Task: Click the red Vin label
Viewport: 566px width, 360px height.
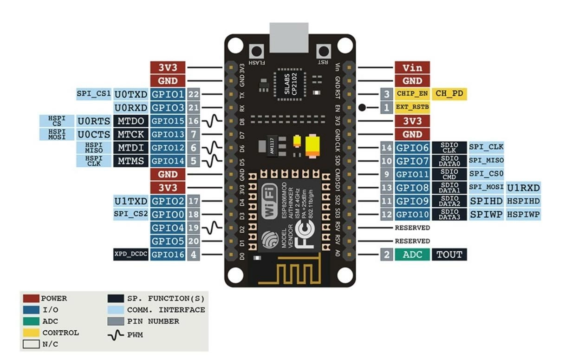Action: coord(412,67)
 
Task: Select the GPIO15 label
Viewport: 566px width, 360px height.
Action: coord(168,121)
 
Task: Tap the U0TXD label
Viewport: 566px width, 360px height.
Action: coord(131,94)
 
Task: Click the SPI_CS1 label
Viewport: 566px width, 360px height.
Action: coord(94,94)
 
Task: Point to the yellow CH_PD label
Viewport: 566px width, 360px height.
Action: coord(449,94)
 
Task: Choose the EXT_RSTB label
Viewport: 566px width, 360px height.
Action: coord(412,107)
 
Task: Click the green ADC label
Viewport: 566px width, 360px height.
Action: coord(412,254)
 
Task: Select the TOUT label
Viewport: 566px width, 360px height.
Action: coord(449,254)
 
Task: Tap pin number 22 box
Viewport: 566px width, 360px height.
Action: coord(194,94)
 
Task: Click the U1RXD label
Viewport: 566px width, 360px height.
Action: coord(523,188)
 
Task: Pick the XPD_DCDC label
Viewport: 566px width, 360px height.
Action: coord(131,254)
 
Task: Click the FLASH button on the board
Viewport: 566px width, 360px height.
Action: coord(256,51)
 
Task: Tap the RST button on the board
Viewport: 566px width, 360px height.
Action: coord(324,51)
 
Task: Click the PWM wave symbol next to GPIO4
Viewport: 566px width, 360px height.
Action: coord(212,228)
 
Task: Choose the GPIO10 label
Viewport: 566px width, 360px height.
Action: coord(412,215)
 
